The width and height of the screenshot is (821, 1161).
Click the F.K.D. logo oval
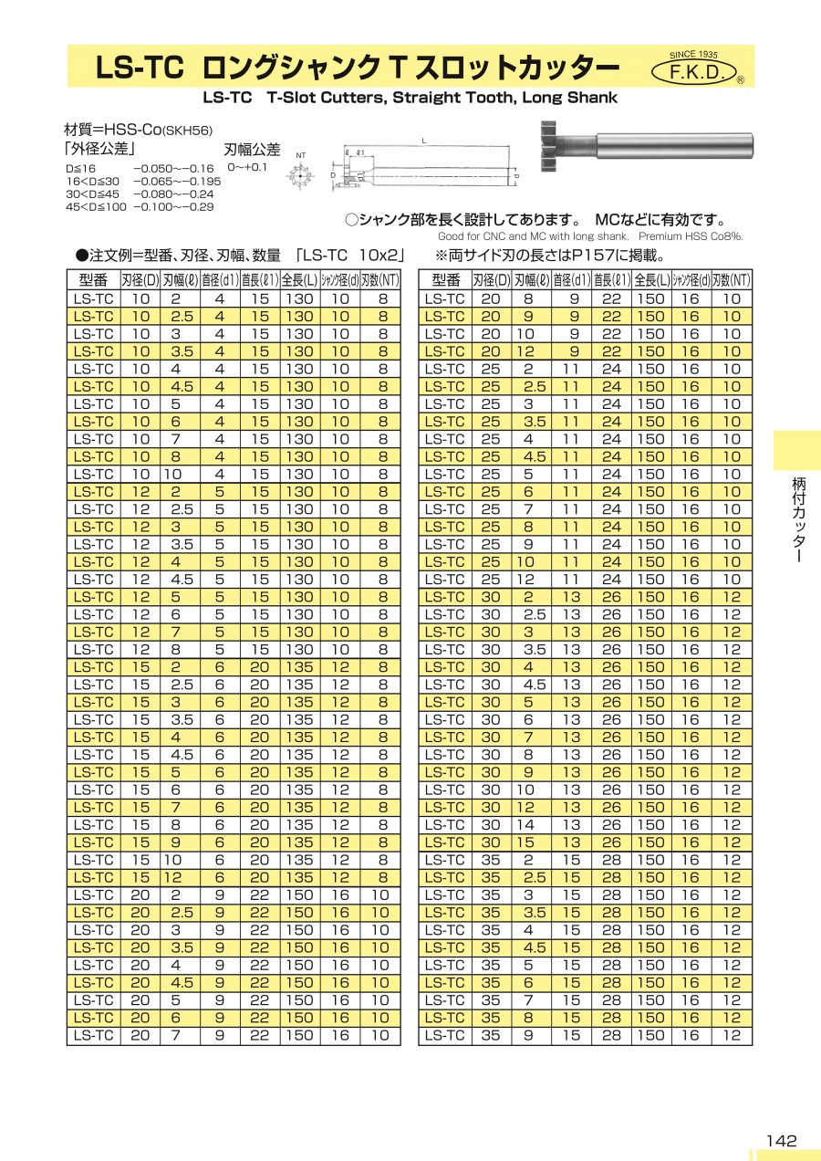696,72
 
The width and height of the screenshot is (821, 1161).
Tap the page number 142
782,1140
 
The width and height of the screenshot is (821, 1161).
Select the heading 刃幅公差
252,150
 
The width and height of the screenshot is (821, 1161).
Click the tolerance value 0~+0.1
247,168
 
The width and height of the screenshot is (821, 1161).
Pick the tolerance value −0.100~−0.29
173,207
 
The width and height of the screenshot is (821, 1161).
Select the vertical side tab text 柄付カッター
796,520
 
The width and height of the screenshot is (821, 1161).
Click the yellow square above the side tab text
796,450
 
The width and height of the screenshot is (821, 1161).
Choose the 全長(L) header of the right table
651,280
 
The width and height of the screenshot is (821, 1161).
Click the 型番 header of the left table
94,280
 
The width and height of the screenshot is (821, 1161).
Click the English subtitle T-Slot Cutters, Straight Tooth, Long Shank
410,98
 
